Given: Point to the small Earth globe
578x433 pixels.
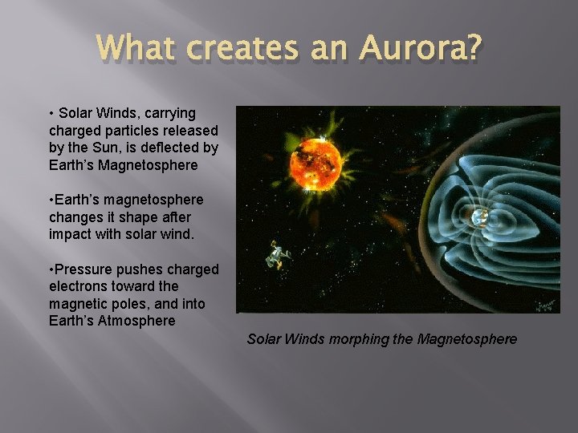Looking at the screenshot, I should pyautogui.click(x=479, y=217).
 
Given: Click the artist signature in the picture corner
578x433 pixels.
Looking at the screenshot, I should pyautogui.click(x=547, y=306).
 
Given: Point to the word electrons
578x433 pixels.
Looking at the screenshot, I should pyautogui.click(x=79, y=286).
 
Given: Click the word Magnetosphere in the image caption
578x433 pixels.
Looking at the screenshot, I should pyautogui.click(x=467, y=339).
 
